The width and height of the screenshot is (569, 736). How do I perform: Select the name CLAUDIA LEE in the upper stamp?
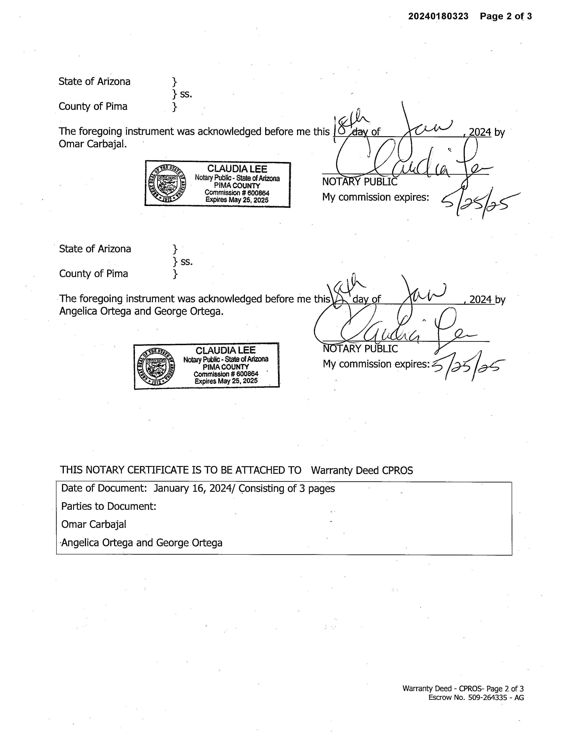tap(237, 169)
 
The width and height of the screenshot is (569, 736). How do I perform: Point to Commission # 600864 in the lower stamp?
tap(226, 374)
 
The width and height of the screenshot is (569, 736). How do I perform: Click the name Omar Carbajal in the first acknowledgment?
tap(92, 144)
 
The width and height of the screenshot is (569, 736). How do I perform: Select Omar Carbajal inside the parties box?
tap(94, 524)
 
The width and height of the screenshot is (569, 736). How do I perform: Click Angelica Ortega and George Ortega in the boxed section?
tap(142, 543)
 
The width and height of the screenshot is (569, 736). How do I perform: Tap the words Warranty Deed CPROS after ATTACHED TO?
tap(362, 470)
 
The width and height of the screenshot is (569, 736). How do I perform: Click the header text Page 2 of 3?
tap(506, 16)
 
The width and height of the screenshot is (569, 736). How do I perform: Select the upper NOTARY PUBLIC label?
tap(360, 182)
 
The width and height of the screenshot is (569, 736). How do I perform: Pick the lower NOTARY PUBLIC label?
tap(360, 349)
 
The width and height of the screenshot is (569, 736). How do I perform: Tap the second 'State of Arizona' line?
tap(95, 249)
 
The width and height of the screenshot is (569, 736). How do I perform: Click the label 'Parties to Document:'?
tap(108, 506)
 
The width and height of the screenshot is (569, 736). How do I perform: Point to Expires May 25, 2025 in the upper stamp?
tap(237, 200)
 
